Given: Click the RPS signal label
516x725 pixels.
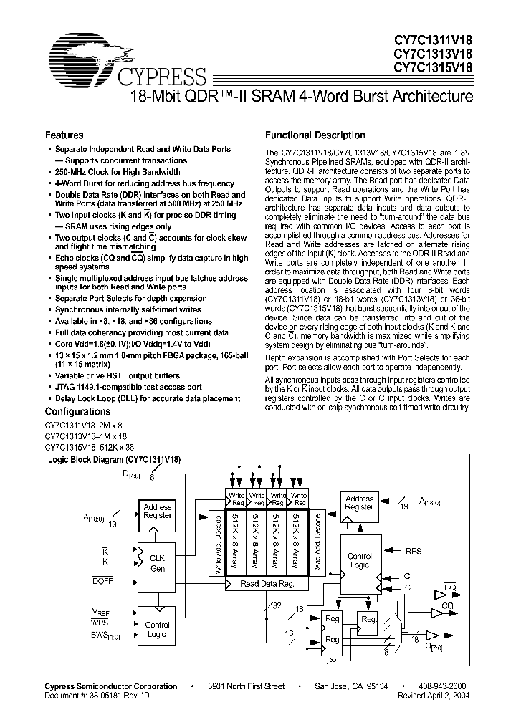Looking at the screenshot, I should coord(414,552).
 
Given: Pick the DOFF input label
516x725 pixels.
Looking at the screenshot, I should coord(102,580).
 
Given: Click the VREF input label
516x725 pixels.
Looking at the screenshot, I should coord(100,611).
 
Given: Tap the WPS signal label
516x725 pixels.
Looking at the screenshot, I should coord(100,623).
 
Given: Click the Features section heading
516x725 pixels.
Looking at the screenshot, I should coord(64,135).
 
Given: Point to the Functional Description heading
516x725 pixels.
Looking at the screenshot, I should coord(315,135).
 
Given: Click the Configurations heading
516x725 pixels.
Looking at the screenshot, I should coord(78,412).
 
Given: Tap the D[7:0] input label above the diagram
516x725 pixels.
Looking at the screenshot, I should coord(131,474).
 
